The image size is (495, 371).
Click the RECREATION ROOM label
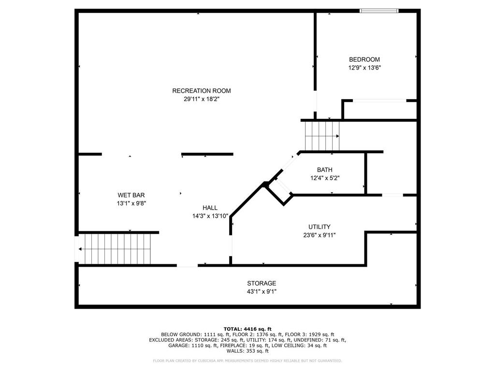pos(202,91)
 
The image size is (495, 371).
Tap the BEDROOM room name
pos(364,59)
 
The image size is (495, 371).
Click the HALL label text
pos(210,208)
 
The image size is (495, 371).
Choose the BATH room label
pos(324,170)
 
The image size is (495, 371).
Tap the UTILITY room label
pos(320,227)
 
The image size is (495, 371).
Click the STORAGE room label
pos(262,283)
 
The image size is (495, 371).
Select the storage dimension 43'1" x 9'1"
pos(262,291)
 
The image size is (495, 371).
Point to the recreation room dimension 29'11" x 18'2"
pos(202,99)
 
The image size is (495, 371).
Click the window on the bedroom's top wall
pos(379,10)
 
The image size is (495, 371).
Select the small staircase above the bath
pos(321,136)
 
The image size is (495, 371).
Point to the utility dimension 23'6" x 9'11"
pos(320,235)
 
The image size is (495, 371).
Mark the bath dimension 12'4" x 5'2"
pos(324,178)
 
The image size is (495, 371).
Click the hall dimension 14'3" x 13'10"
pos(210,216)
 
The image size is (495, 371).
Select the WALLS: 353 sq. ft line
pos(247,351)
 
